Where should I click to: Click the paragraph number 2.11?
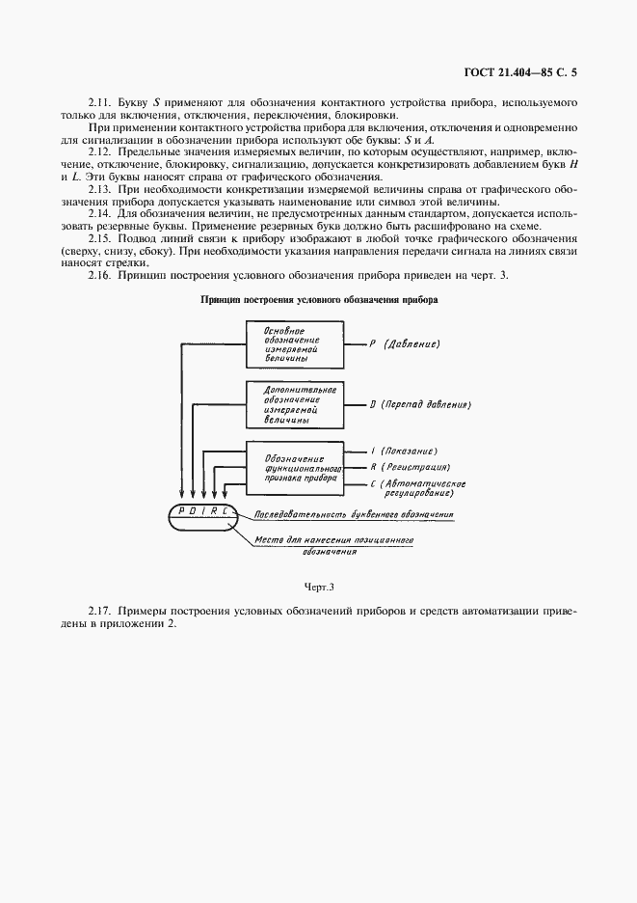(100, 101)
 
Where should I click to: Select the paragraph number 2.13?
(100, 191)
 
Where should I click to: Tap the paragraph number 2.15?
(100, 238)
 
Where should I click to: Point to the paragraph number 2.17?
(100, 613)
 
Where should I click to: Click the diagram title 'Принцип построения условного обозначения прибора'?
(319, 300)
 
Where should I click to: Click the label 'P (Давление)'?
(405, 344)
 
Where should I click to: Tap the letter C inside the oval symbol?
(232, 510)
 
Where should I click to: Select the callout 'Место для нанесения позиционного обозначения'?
(334, 546)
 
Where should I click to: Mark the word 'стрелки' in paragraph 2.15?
(159, 262)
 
